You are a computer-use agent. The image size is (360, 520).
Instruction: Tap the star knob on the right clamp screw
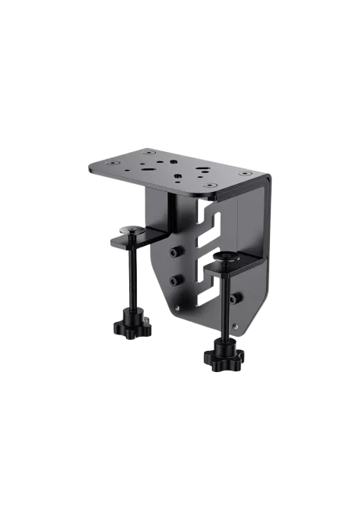tap(224, 357)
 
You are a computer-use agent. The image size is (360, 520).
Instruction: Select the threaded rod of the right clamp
tap(228, 309)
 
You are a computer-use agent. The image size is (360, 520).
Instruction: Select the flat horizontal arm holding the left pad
tap(141, 236)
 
